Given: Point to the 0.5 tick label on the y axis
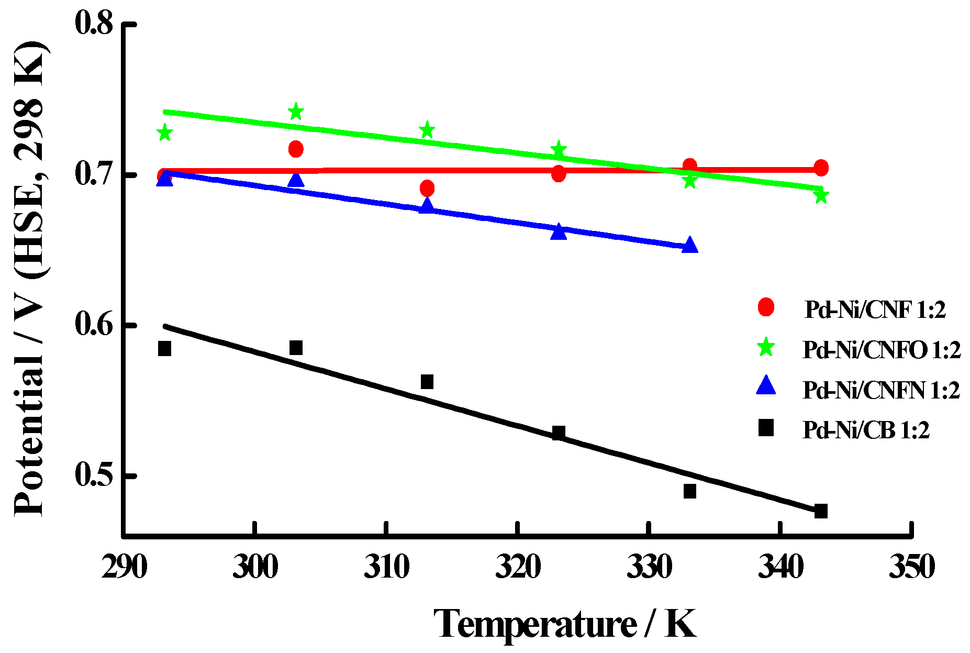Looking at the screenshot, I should coord(94,475).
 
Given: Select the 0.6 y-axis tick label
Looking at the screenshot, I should coord(94,325).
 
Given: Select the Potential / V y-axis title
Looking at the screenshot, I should coord(30,278).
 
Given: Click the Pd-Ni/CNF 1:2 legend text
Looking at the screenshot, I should coord(875,310).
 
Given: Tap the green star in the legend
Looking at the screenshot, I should coord(766,347).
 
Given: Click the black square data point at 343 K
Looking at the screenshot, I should coord(821,511).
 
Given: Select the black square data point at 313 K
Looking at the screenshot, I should coord(427,382).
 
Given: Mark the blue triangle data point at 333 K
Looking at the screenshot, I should coord(690,245).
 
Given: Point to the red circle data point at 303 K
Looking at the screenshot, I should coord(296,149).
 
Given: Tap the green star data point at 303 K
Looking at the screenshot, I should coord(296,112).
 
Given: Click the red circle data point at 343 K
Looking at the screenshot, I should coord(821,168).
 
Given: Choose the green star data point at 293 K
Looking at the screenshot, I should coord(164,132).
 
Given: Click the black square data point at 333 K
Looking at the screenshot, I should coord(690,491).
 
